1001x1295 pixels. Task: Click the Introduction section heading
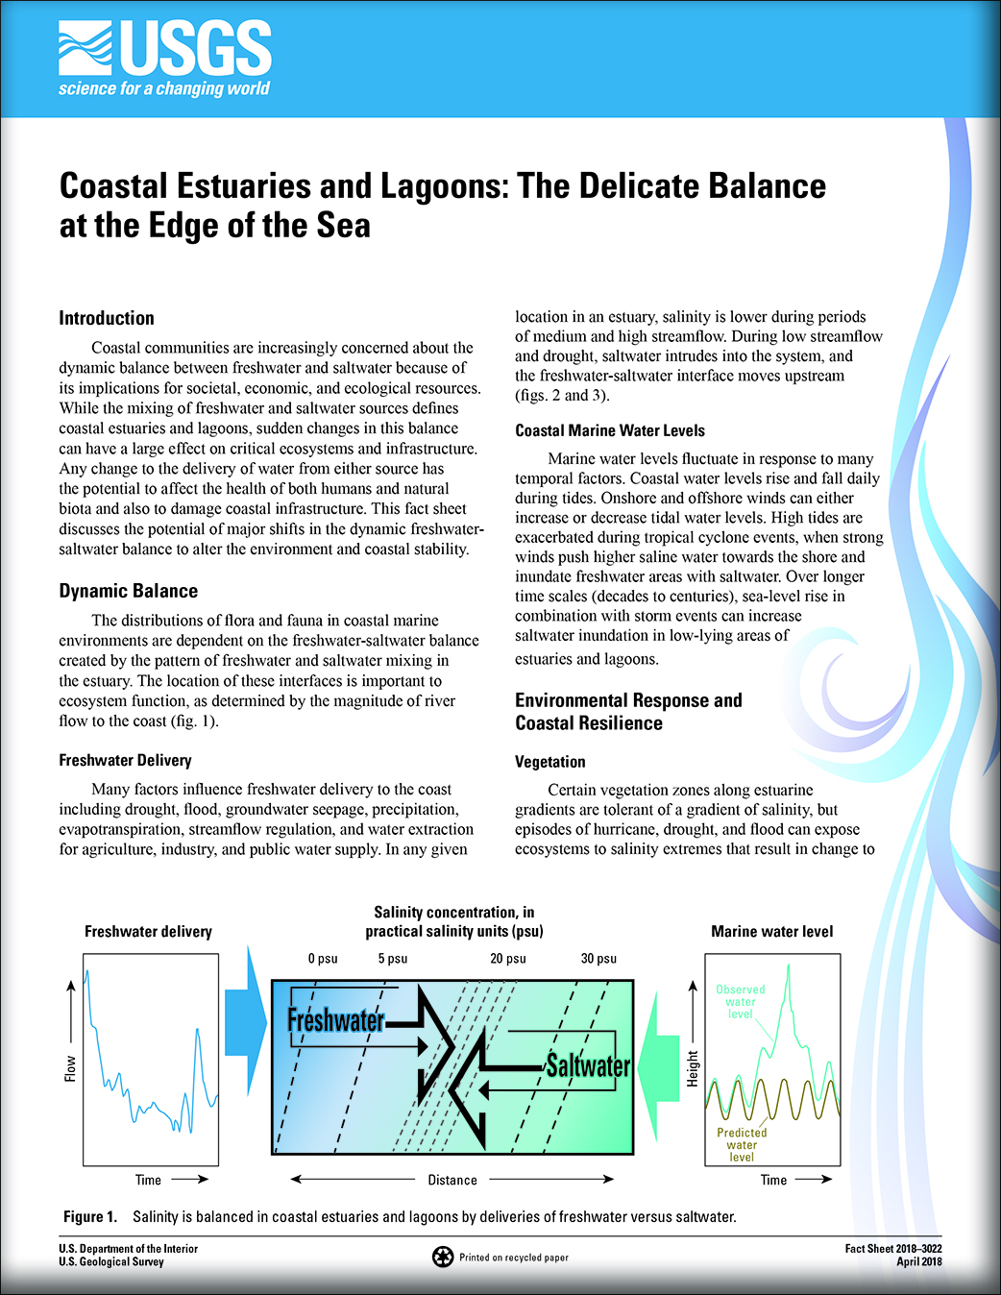(x=107, y=318)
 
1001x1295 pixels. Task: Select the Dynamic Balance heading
(x=129, y=591)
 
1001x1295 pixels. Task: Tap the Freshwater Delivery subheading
(x=125, y=760)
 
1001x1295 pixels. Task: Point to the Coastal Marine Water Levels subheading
(x=610, y=430)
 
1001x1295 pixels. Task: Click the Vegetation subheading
(x=549, y=762)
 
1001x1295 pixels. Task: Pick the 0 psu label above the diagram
(x=323, y=959)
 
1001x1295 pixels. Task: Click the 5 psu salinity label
(x=393, y=959)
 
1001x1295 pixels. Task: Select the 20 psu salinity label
(x=508, y=959)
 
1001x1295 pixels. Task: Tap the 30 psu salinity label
(x=598, y=959)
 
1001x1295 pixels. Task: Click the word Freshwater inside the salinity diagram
(x=335, y=1020)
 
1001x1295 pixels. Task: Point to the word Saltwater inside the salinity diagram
(x=588, y=1065)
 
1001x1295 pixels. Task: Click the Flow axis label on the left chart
(x=70, y=1068)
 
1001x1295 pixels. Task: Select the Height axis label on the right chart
(x=693, y=1068)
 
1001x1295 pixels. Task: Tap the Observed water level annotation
(x=741, y=1001)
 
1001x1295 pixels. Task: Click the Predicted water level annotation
(x=742, y=1144)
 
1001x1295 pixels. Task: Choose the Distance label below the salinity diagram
(x=452, y=1180)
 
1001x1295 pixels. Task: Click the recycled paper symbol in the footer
(x=442, y=1257)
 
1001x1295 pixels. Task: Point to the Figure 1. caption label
(x=90, y=1217)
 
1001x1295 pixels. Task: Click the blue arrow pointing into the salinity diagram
(x=247, y=1022)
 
